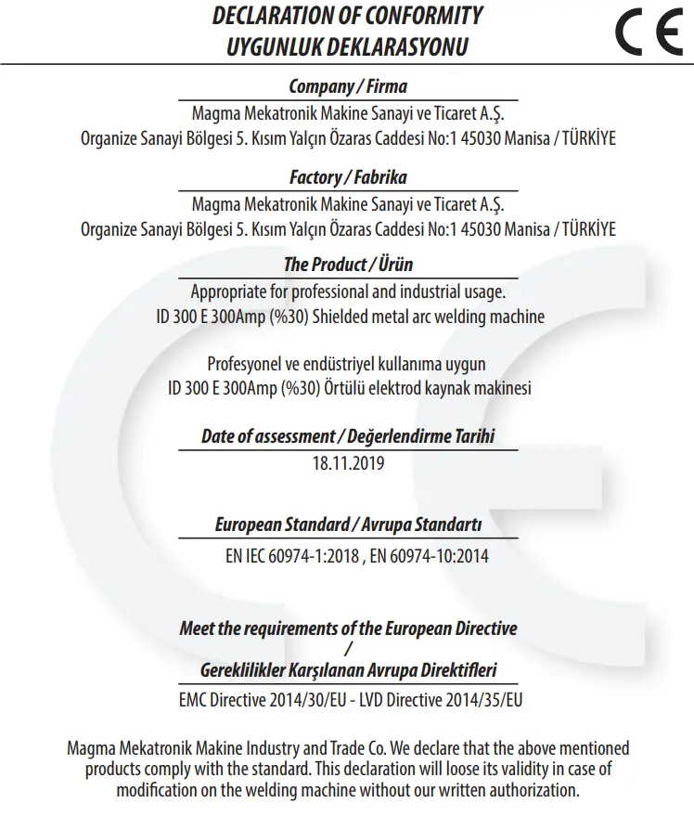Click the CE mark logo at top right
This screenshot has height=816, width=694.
pos(649,32)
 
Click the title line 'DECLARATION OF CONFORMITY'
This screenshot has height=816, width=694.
pos(347,16)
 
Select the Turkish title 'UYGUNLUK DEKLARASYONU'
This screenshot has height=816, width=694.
pos(347,46)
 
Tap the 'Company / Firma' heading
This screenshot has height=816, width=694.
pos(347,87)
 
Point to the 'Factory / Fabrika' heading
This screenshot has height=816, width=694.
pos(347,176)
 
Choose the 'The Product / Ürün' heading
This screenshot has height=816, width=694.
pos(347,265)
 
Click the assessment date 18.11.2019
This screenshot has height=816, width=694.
pos(348,462)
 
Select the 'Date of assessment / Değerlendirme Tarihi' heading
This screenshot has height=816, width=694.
pos(347,436)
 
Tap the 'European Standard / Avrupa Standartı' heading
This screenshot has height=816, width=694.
pos(347,525)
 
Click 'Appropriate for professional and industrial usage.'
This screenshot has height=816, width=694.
pos(348,291)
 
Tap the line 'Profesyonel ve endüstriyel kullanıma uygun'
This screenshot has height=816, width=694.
pos(347,363)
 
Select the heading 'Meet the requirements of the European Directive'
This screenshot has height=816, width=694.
pos(347,628)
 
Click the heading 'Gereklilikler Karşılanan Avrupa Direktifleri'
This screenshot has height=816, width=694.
pos(347,669)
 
